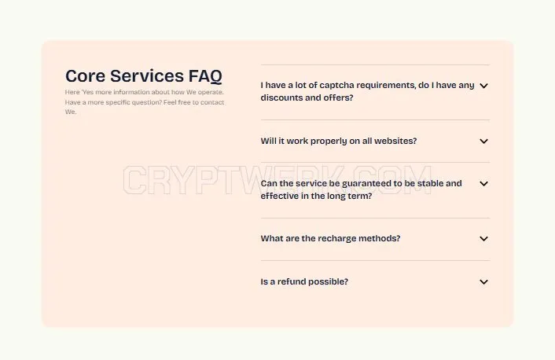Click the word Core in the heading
click(x=85, y=75)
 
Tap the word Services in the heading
click(x=147, y=75)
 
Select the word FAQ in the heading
click(x=205, y=76)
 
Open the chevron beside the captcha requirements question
click(x=483, y=86)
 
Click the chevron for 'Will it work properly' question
click(x=483, y=141)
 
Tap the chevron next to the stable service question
click(x=483, y=184)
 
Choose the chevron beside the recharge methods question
click(x=483, y=239)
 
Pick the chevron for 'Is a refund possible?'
click(x=483, y=281)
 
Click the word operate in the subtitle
click(x=211, y=93)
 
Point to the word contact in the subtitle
click(x=212, y=102)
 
